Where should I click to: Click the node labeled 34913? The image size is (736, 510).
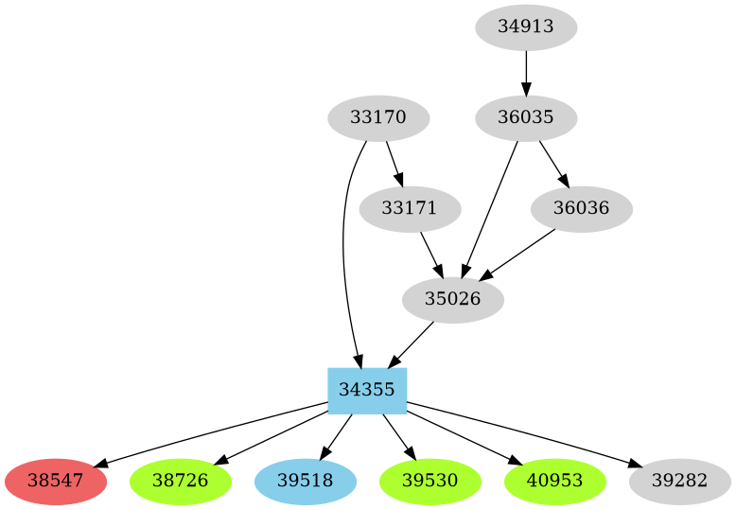click(525, 26)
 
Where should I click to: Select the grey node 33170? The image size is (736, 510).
click(378, 118)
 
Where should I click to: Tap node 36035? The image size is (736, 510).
click(525, 118)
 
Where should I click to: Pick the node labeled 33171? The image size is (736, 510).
click(410, 208)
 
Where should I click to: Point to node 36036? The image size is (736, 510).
click(581, 208)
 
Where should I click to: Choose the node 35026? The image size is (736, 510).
click(452, 299)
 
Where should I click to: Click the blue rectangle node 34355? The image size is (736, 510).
click(367, 390)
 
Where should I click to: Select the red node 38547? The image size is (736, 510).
click(55, 481)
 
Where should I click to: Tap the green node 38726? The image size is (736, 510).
click(180, 481)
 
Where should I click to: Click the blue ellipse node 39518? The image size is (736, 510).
click(305, 481)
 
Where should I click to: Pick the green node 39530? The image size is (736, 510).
click(429, 481)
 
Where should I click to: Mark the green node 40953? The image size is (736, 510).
click(554, 481)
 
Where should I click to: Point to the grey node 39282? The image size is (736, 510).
click(679, 481)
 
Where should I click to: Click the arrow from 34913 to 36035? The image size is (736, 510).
click(525, 72)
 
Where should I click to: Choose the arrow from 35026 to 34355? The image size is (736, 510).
click(412, 343)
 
